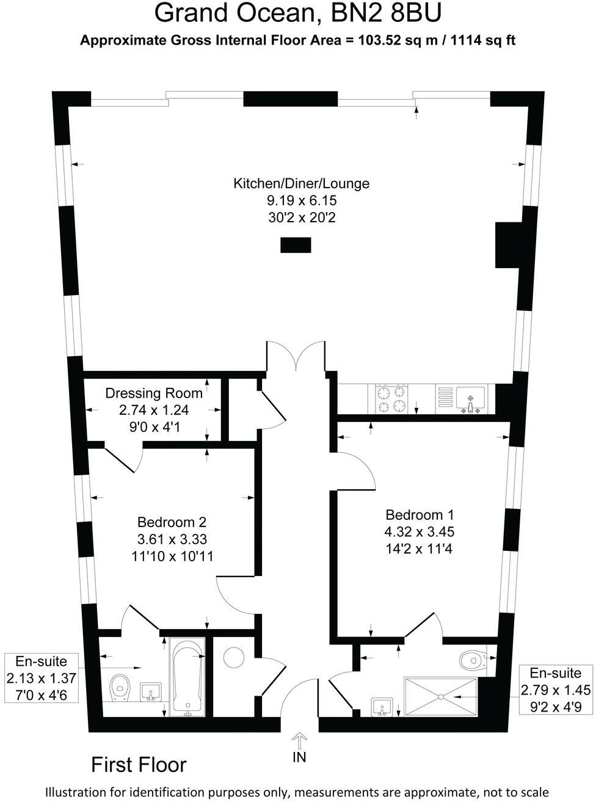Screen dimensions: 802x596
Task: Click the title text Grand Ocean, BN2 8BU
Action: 298,13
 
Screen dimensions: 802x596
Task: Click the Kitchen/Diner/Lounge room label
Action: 301,183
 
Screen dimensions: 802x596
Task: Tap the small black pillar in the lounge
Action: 296,246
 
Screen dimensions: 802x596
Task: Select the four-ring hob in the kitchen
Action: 391,399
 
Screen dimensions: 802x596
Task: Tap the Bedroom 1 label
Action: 420,515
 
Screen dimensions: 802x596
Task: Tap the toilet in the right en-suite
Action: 471,660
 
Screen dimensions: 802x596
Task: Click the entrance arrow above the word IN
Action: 299,740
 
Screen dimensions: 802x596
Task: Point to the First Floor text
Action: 139,765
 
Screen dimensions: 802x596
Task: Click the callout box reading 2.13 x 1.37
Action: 42,677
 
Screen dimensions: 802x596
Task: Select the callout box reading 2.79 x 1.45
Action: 555,690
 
